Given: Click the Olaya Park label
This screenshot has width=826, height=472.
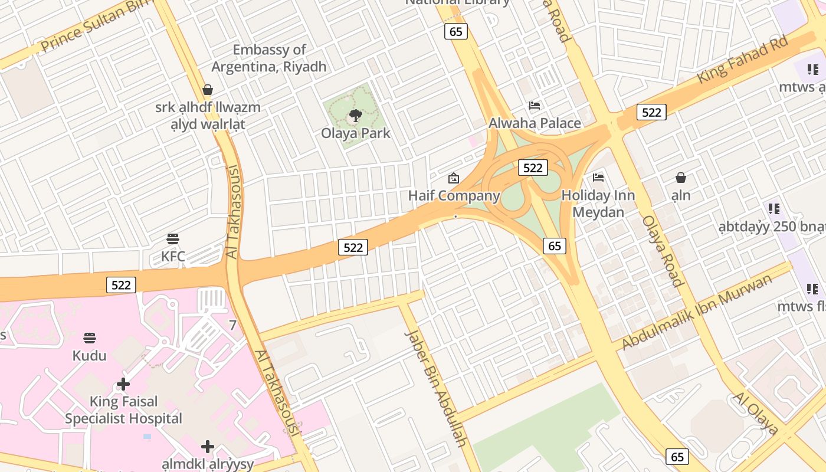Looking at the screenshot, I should click(x=356, y=133).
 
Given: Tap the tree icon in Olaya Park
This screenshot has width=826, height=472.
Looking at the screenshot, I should click(x=355, y=115).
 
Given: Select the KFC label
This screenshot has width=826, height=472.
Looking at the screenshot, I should click(x=173, y=257).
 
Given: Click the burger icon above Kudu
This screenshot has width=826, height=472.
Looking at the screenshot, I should click(x=90, y=338).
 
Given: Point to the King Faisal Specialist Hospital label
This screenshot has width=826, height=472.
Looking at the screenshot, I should click(x=123, y=410).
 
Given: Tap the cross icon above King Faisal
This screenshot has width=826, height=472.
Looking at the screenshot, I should click(x=123, y=384).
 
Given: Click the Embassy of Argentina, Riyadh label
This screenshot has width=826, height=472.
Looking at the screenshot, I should click(x=269, y=58).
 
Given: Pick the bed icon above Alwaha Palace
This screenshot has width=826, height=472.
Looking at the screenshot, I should click(x=535, y=106).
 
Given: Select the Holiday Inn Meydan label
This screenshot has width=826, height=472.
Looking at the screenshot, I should click(x=598, y=204).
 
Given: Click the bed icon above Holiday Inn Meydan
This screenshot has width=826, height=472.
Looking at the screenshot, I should click(x=598, y=177).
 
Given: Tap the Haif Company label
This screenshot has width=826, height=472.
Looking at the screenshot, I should click(x=454, y=195).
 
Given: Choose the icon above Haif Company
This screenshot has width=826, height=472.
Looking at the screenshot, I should click(x=454, y=178).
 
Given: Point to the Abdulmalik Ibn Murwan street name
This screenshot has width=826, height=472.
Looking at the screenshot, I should click(x=697, y=312).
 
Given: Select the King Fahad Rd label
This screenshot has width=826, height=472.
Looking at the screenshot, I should click(x=742, y=60).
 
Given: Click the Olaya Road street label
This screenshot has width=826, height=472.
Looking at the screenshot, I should click(x=663, y=251).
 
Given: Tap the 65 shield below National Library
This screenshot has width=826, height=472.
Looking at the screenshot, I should click(x=456, y=31).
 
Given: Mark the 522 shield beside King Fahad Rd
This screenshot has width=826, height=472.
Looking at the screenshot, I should click(x=651, y=112).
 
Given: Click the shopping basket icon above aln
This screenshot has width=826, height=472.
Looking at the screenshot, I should click(x=681, y=178).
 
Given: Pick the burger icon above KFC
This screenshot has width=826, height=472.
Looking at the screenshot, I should click(x=173, y=238).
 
